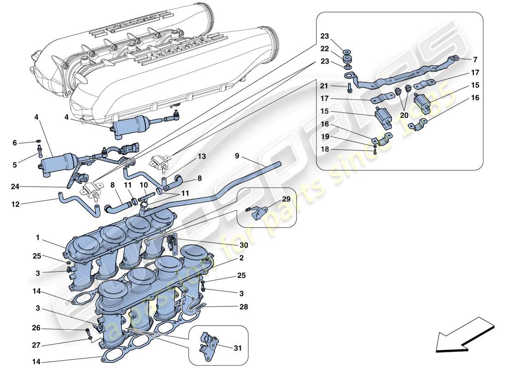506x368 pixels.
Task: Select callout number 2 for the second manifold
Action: [241, 259]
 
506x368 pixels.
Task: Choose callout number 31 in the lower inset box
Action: [238, 348]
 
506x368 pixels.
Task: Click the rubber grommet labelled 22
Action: [348, 58]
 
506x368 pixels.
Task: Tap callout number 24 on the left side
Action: [15, 187]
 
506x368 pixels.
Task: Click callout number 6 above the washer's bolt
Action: [15, 143]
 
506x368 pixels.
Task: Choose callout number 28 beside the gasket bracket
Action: [243, 306]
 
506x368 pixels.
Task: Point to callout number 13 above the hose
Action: [201, 156]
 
